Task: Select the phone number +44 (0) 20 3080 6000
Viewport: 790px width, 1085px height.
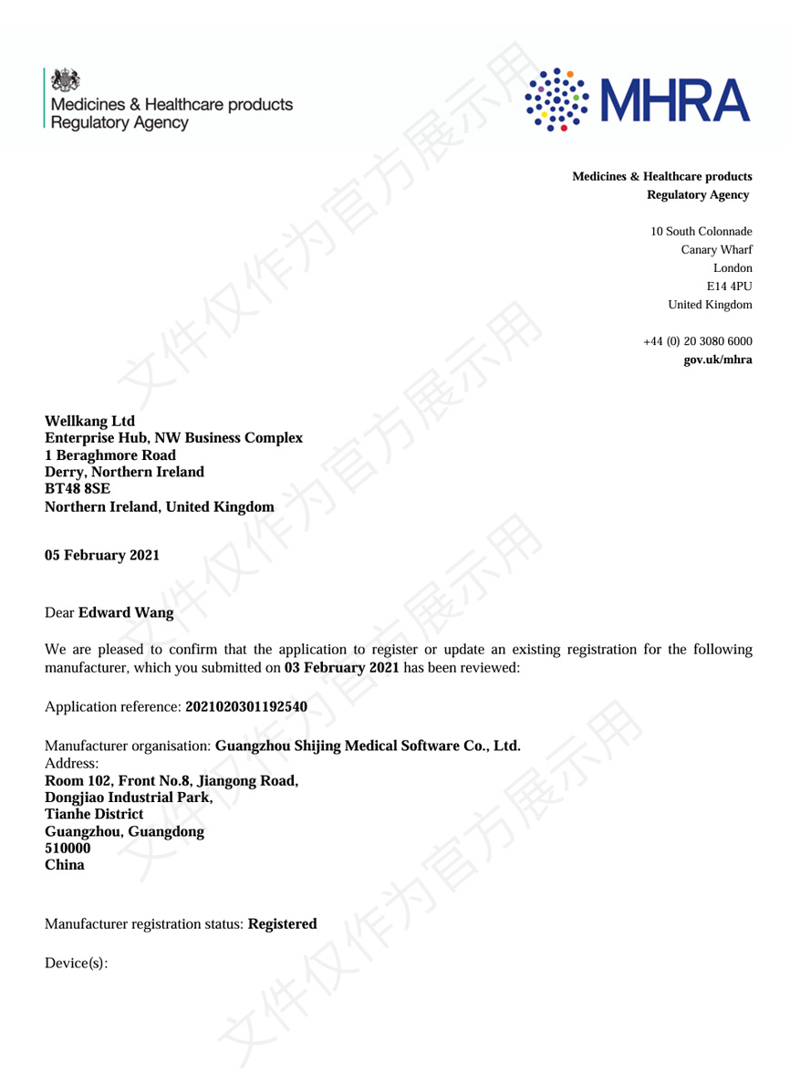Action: [698, 341]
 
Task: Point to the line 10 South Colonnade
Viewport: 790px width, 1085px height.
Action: [701, 232]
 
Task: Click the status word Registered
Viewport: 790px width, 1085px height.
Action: [282, 923]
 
